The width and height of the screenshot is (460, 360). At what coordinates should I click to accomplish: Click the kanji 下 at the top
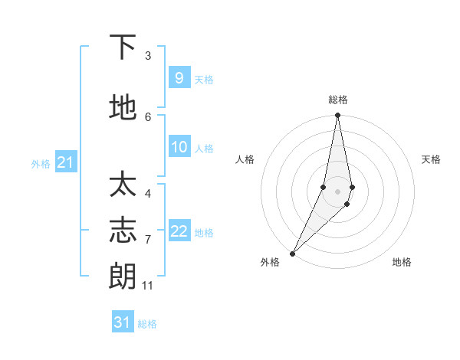click(123, 47)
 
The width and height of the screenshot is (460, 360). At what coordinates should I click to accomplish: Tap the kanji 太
click(123, 186)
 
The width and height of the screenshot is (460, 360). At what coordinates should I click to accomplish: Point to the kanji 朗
click(123, 275)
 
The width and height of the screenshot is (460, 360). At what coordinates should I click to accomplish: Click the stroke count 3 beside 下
click(148, 56)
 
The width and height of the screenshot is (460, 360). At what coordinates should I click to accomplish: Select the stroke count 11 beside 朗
click(148, 286)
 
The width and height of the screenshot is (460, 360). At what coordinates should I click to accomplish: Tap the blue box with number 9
click(179, 77)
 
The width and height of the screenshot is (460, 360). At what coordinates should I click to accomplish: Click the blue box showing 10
click(179, 147)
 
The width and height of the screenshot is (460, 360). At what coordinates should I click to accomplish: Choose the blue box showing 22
click(179, 231)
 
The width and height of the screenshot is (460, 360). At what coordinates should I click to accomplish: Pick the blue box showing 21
click(66, 162)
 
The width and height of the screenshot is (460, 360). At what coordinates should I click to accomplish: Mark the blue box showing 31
click(123, 322)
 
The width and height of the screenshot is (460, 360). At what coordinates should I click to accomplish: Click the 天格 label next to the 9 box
click(204, 79)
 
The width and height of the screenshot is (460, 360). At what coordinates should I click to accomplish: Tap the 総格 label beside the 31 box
click(147, 324)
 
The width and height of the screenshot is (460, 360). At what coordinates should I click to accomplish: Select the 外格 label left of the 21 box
click(41, 163)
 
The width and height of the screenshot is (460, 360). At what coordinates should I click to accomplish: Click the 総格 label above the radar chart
click(337, 100)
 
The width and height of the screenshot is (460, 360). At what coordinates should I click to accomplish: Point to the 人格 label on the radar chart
click(245, 159)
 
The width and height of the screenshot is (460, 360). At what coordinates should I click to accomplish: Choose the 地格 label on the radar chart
click(402, 262)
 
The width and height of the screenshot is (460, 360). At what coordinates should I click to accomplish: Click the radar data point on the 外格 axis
click(293, 253)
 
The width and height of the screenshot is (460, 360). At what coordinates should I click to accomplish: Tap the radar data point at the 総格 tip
click(337, 116)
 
